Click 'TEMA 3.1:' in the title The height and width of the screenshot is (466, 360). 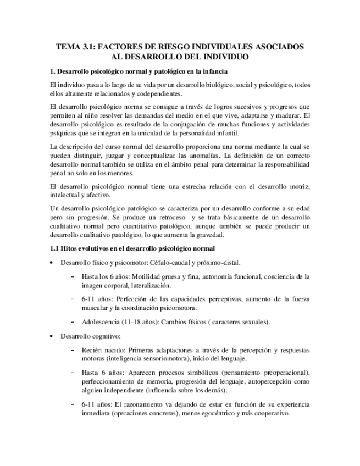coord(76,47)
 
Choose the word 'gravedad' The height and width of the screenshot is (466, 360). coord(208,235)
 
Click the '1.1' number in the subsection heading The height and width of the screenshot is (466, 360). coord(54,249)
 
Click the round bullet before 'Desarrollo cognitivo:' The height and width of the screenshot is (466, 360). coord(52,336)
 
